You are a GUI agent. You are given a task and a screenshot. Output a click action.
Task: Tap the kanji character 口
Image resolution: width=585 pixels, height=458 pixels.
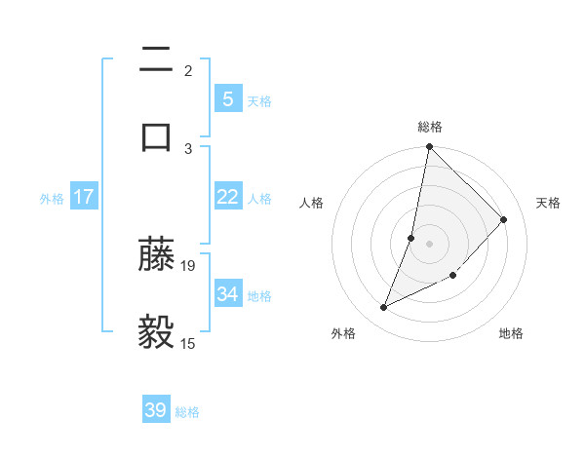[x=156, y=135]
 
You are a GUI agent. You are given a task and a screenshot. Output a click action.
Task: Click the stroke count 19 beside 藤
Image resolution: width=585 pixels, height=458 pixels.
[x=188, y=265]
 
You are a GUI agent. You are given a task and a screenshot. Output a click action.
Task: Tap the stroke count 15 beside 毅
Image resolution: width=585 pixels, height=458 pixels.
[x=188, y=343]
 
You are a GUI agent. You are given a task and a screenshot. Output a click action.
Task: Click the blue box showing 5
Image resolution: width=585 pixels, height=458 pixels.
[x=227, y=98]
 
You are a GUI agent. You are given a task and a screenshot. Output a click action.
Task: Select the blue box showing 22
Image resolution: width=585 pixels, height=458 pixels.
[x=227, y=197]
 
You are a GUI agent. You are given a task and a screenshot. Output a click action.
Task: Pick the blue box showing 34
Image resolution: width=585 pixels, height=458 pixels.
[x=227, y=293]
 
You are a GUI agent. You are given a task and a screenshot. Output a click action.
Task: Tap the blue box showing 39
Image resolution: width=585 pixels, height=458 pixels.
[x=156, y=410]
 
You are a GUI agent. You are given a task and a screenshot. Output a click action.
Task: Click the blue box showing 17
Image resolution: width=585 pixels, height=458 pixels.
[x=84, y=197]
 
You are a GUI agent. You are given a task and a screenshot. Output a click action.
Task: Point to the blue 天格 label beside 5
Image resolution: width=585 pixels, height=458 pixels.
[x=259, y=100]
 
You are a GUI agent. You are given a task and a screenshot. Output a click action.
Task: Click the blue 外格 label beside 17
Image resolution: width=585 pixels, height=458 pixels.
[x=52, y=199]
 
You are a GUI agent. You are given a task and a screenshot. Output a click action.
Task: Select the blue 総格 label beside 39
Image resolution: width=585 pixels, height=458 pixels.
[x=187, y=412]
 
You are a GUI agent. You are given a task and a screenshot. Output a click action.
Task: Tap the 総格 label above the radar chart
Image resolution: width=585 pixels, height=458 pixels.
[x=430, y=127]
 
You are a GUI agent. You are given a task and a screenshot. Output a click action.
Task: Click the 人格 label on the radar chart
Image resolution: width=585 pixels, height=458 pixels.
[x=312, y=203]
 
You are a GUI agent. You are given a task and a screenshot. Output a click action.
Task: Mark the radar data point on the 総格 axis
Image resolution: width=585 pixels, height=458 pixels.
[x=429, y=147]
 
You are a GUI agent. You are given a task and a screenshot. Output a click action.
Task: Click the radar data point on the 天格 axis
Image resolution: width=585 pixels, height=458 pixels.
[x=504, y=219]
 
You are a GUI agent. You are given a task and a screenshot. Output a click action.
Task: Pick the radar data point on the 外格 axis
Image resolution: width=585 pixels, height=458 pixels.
[x=384, y=308]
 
